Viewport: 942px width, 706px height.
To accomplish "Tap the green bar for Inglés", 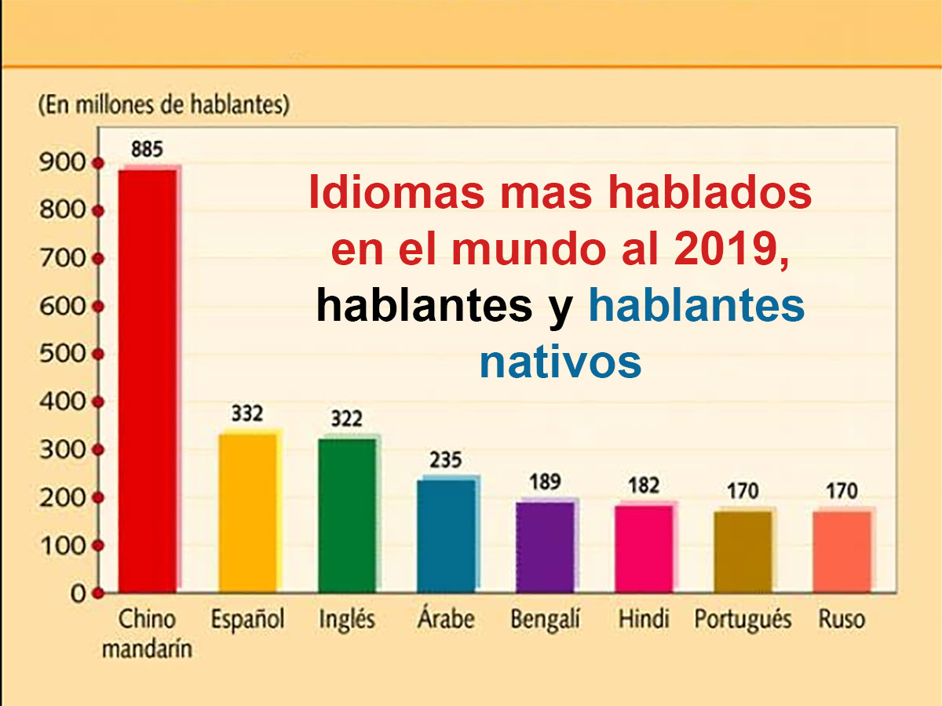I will pyautogui.click(x=347, y=514).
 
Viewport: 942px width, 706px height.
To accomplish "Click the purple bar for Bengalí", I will pyautogui.click(x=545, y=546).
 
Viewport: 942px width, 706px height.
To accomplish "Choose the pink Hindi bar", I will pyautogui.click(x=644, y=548).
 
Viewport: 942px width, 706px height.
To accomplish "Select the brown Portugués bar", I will pyautogui.click(x=743, y=551).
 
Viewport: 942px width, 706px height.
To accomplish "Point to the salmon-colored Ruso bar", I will pyautogui.click(x=842, y=551).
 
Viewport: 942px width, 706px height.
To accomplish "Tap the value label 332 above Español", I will pyautogui.click(x=246, y=413).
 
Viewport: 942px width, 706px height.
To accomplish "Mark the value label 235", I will pyautogui.click(x=445, y=460).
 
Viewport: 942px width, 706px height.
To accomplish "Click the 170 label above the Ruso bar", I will pyautogui.click(x=841, y=492).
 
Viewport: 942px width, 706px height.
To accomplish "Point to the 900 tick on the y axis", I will pyautogui.click(x=60, y=163).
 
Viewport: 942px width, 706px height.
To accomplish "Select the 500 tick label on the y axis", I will pyautogui.click(x=60, y=354).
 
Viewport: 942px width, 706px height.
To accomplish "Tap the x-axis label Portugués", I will pyautogui.click(x=743, y=620).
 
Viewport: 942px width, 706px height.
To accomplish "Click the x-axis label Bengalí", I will pyautogui.click(x=545, y=620).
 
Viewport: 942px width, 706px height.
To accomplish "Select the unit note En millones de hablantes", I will pyautogui.click(x=163, y=105).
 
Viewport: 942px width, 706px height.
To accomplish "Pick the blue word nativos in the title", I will pyautogui.click(x=560, y=362).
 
